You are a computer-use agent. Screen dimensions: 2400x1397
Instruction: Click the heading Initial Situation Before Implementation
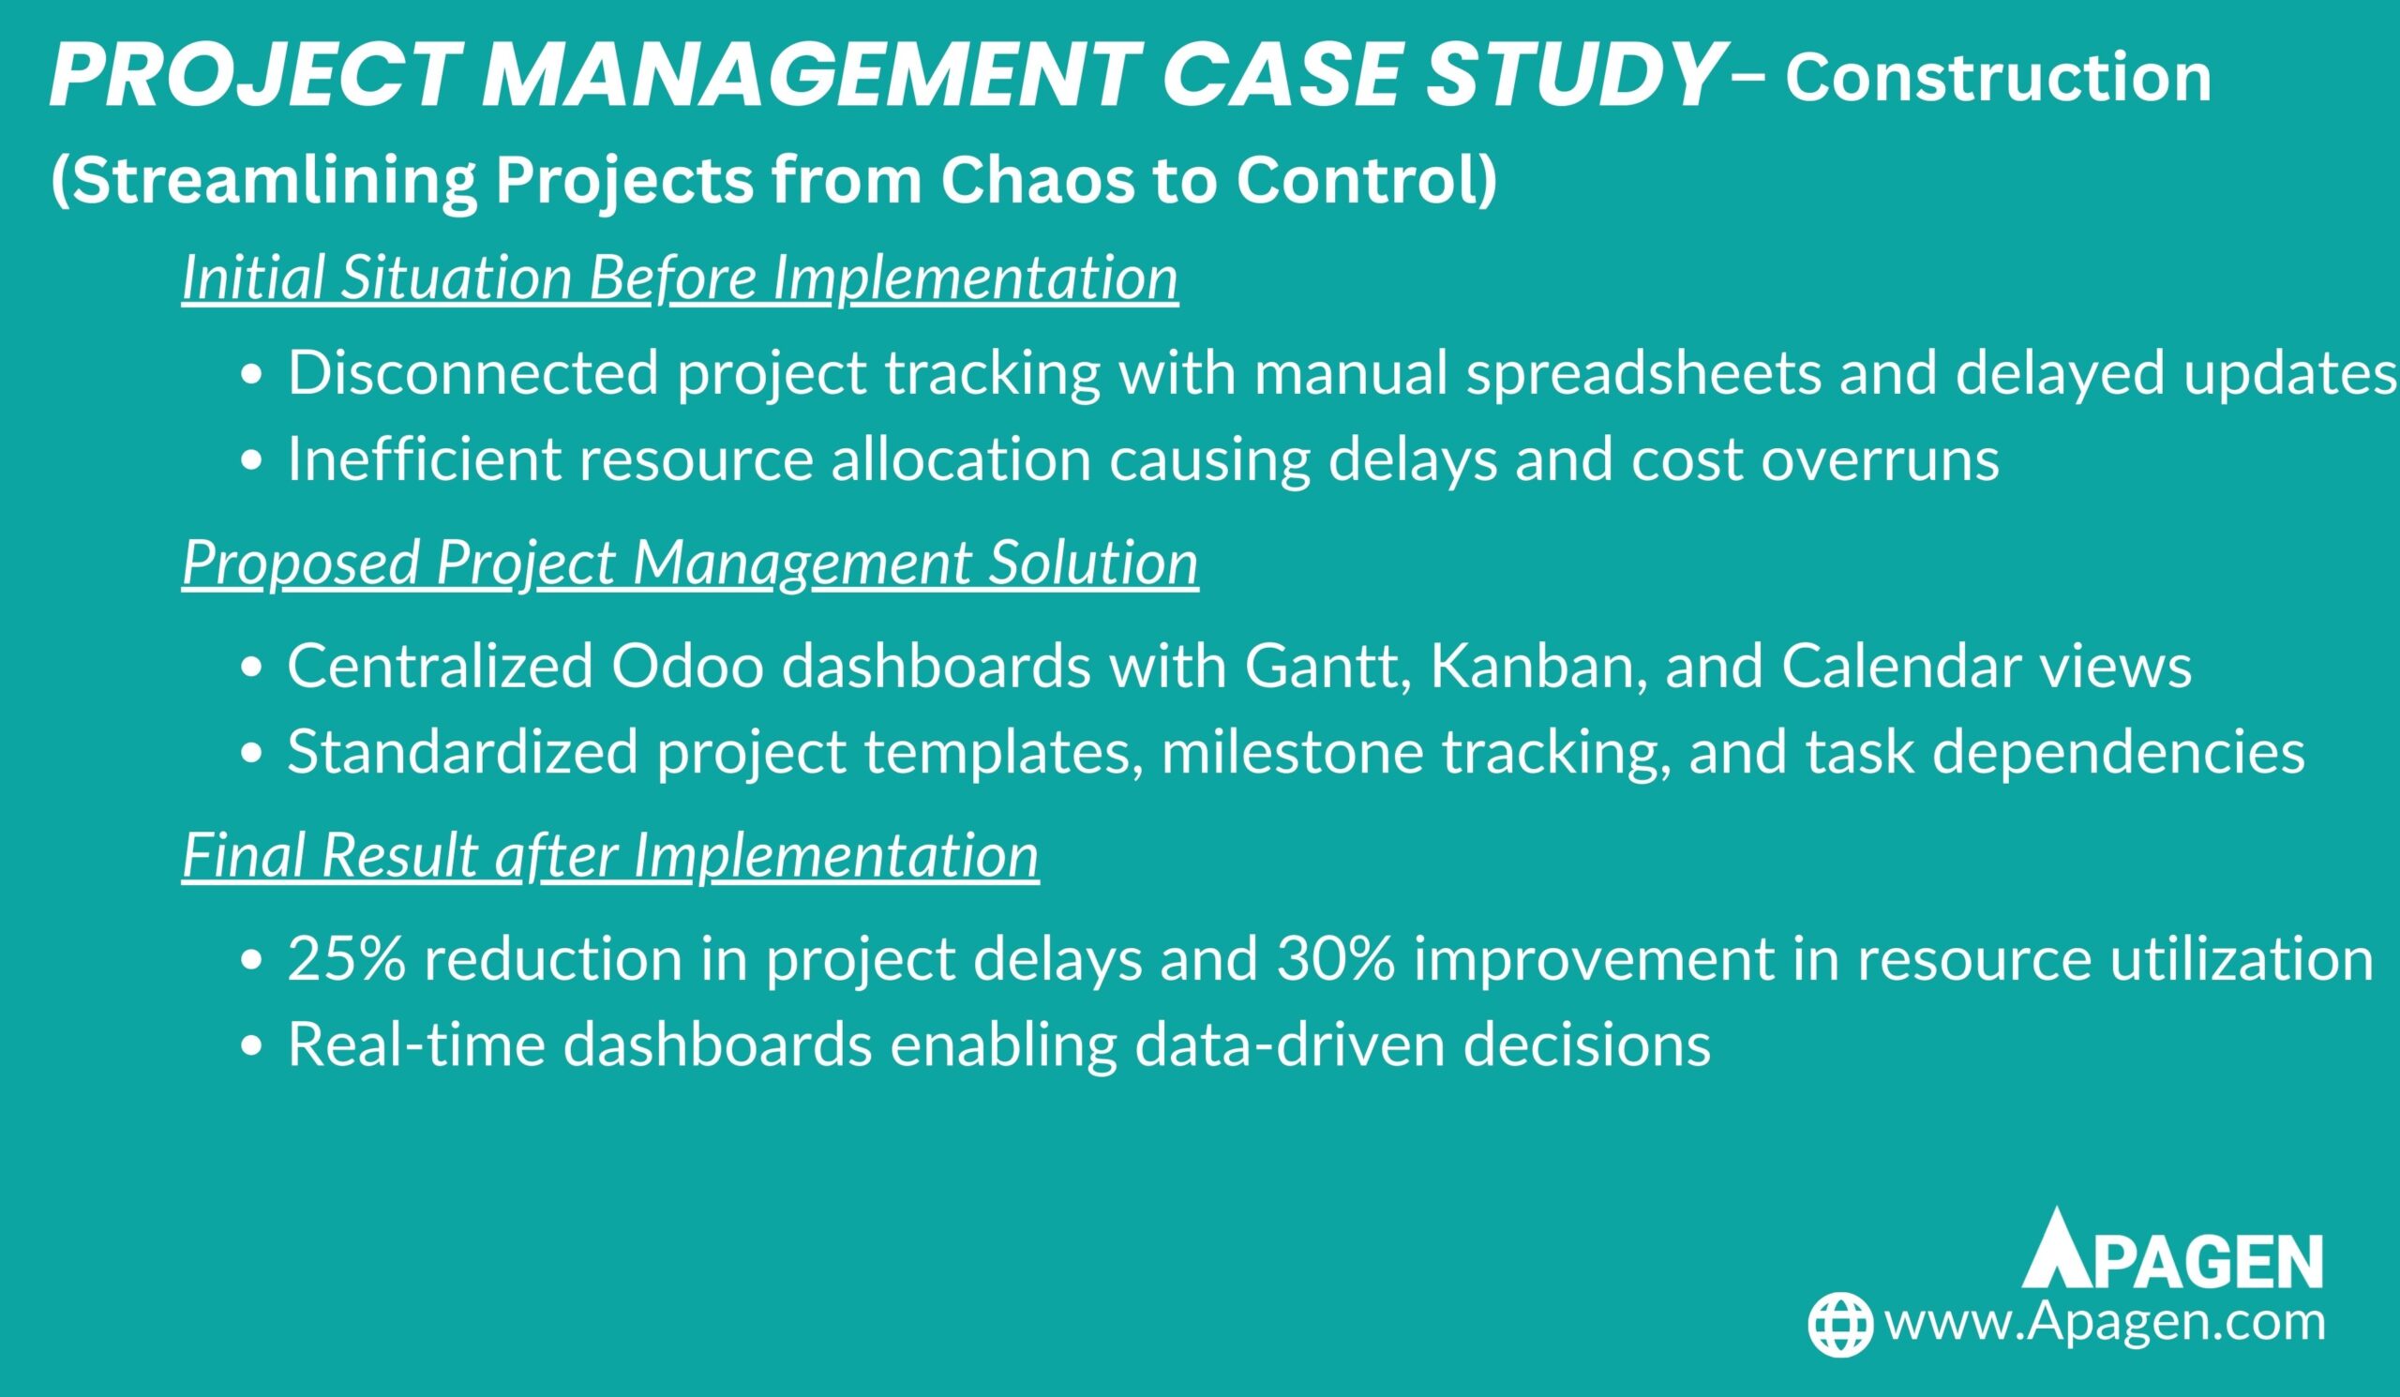tap(680, 278)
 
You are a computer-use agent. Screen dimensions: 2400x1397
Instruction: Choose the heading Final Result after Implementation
tap(610, 855)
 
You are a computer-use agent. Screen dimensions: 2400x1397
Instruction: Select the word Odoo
tap(687, 667)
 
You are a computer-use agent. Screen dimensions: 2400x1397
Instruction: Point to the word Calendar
tap(1901, 667)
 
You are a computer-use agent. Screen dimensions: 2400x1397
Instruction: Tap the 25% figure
tap(348, 959)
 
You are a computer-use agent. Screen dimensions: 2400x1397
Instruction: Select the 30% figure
tap(1336, 959)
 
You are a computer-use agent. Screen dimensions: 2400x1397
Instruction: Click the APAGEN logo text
tap(2172, 1250)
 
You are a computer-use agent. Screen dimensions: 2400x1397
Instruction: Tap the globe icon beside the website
tap(1841, 1325)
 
